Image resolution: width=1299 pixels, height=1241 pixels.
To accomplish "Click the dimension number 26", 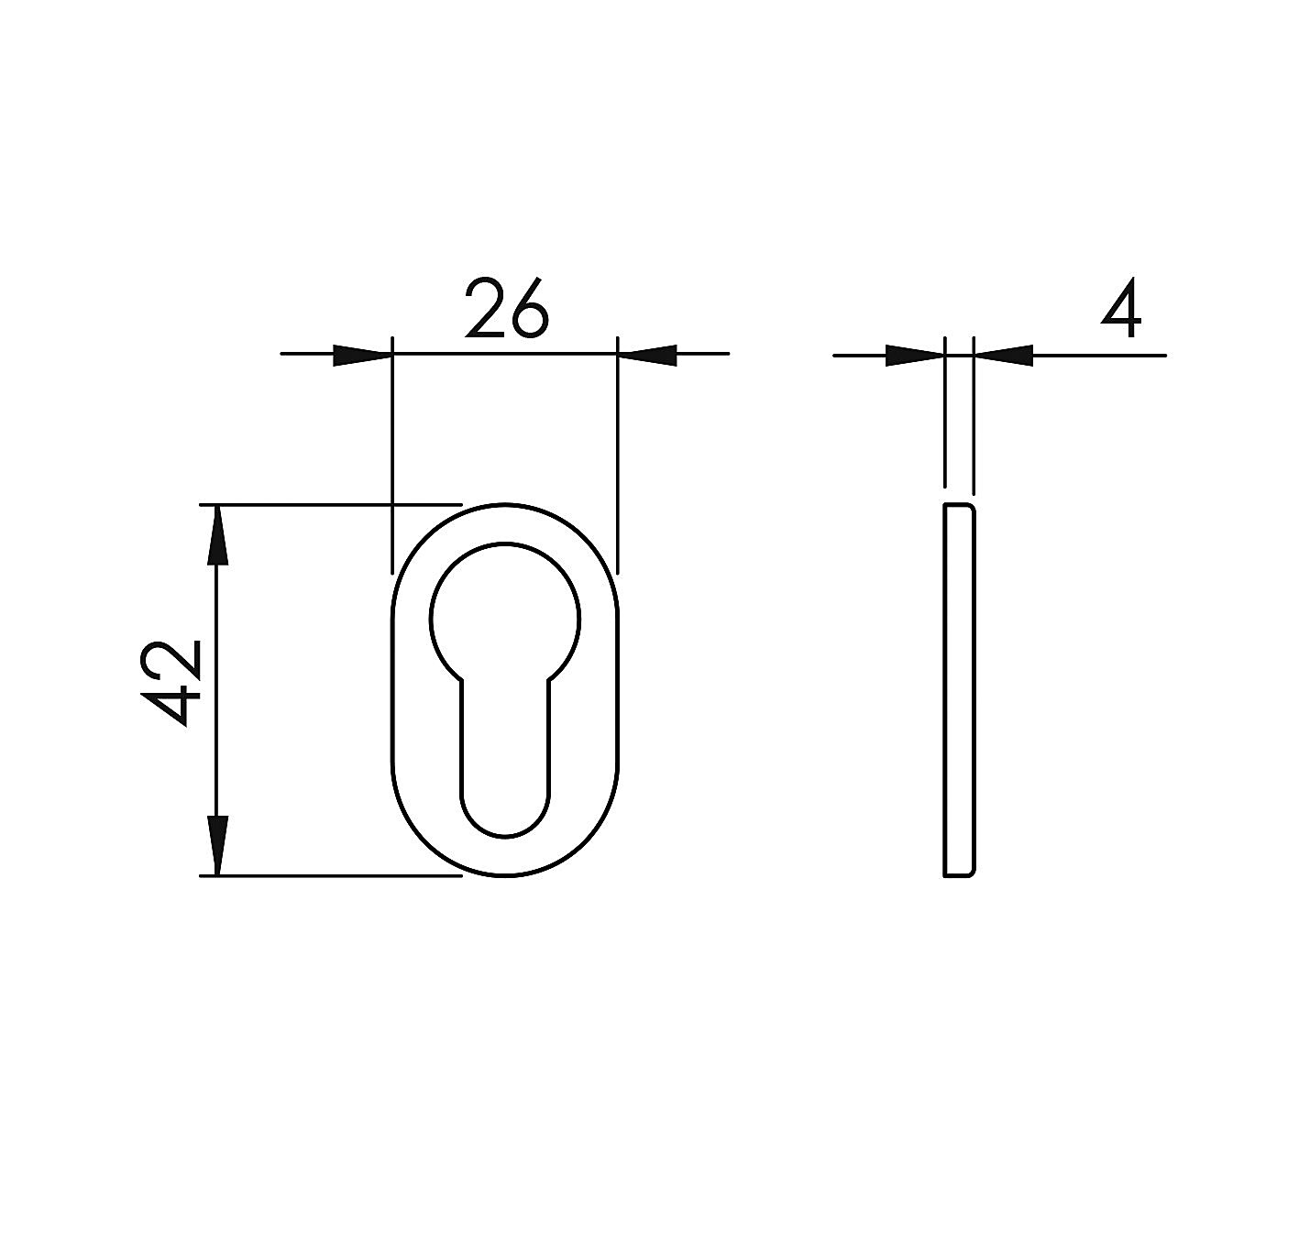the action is (x=507, y=308).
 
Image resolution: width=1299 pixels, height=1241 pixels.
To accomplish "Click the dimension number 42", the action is (x=171, y=683).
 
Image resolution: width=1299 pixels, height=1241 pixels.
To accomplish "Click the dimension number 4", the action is (x=1121, y=308).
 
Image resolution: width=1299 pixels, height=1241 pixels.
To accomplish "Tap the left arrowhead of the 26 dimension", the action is (x=362, y=355).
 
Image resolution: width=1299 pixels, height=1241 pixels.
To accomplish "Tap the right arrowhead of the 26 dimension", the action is (x=647, y=355).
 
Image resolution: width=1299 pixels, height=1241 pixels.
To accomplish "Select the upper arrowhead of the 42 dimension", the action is (x=217, y=534).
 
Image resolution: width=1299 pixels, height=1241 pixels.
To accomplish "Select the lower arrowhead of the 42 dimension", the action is (x=217, y=845).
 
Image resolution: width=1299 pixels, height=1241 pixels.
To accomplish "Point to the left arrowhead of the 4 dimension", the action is (x=915, y=355).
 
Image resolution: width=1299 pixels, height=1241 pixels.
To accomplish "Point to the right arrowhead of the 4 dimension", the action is (x=1003, y=355).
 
